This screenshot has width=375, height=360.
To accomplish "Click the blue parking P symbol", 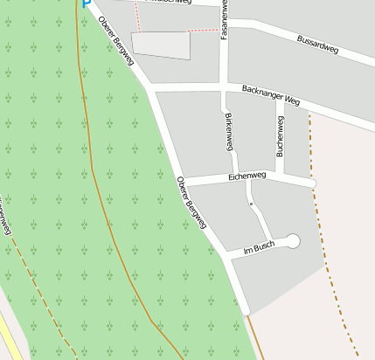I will [x=86, y=3].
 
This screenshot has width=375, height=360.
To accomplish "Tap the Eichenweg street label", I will [x=247, y=177].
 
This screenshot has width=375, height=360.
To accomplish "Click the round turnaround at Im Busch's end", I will [x=293, y=240].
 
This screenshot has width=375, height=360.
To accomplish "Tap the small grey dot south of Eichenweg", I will [x=251, y=204].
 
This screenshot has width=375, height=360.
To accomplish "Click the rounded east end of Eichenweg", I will [x=313, y=183].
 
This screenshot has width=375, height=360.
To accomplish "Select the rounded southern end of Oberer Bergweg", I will [x=247, y=308].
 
